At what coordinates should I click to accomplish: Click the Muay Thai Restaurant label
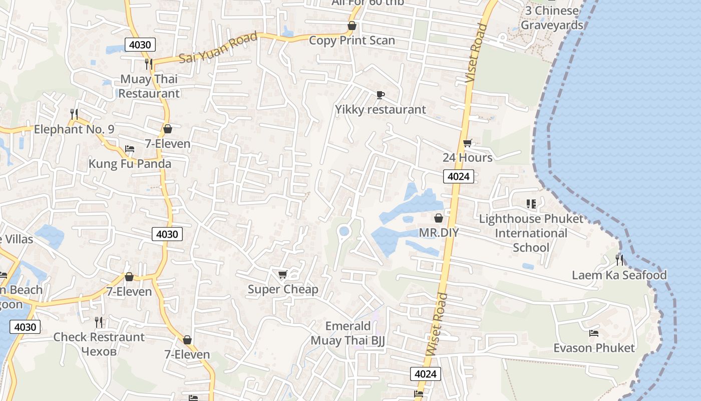click(149, 86)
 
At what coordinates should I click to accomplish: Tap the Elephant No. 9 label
click(74, 129)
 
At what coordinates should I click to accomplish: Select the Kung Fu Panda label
click(130, 164)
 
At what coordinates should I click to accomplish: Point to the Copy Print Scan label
click(352, 41)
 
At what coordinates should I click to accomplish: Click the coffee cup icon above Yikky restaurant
click(381, 95)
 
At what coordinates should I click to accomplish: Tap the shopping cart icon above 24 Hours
click(468, 143)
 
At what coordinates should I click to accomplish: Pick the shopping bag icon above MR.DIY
click(439, 218)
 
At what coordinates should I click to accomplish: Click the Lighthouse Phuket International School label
click(531, 233)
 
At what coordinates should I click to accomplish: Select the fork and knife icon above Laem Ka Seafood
click(619, 260)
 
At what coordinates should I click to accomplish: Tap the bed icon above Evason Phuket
click(594, 333)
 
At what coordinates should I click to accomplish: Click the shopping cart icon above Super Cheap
click(283, 274)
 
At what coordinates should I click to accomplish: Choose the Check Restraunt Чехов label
click(99, 344)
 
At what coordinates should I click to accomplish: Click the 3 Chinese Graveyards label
click(552, 18)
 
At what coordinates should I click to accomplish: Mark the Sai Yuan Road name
click(218, 48)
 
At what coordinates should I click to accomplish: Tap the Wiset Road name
click(437, 325)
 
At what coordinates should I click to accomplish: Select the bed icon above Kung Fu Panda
click(130, 149)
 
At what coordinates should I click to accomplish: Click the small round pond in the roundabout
click(343, 231)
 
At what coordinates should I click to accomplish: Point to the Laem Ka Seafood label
click(619, 275)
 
